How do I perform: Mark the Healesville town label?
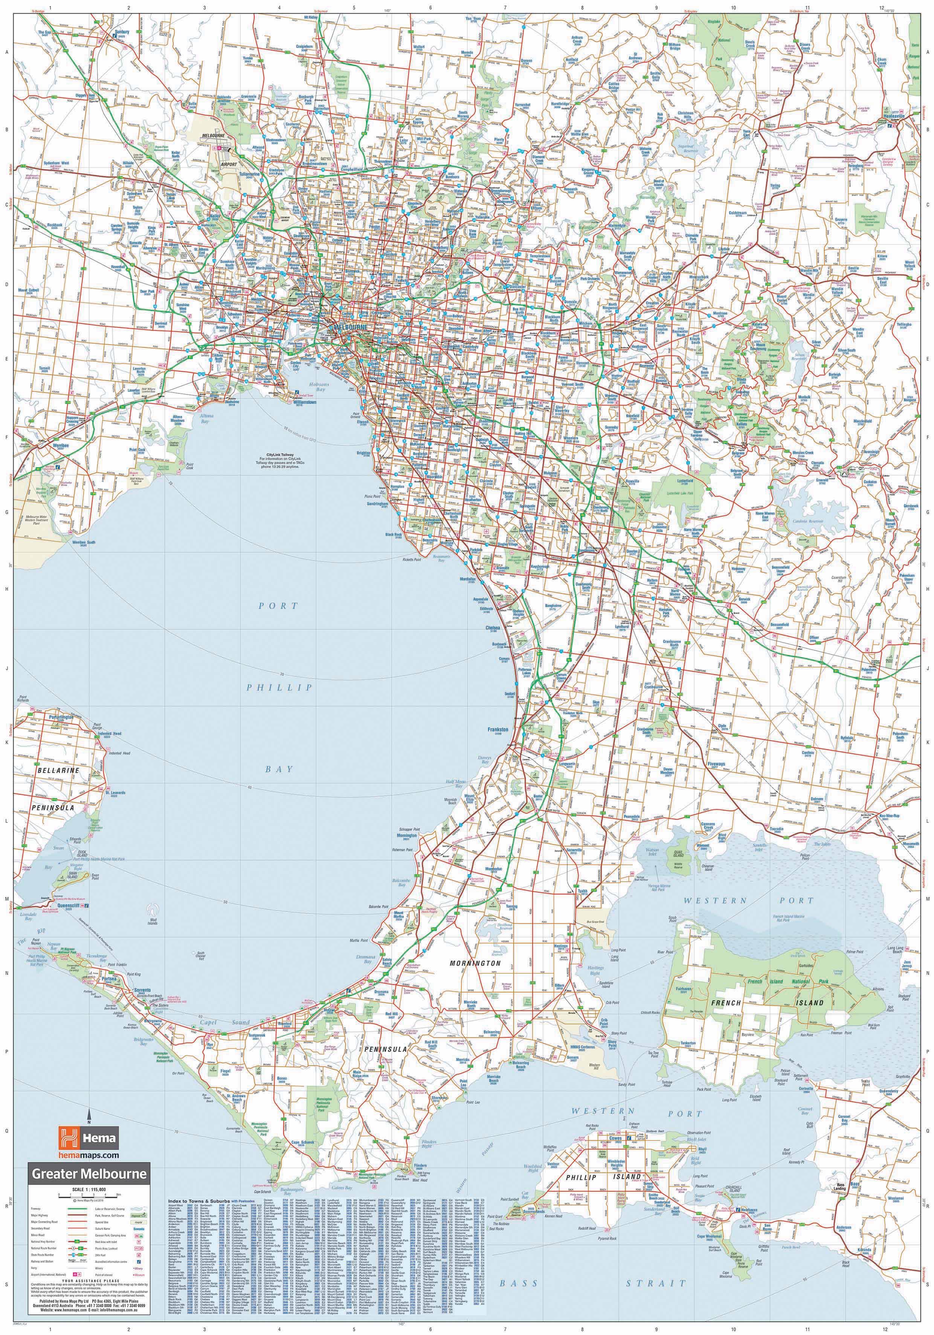(x=893, y=116)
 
